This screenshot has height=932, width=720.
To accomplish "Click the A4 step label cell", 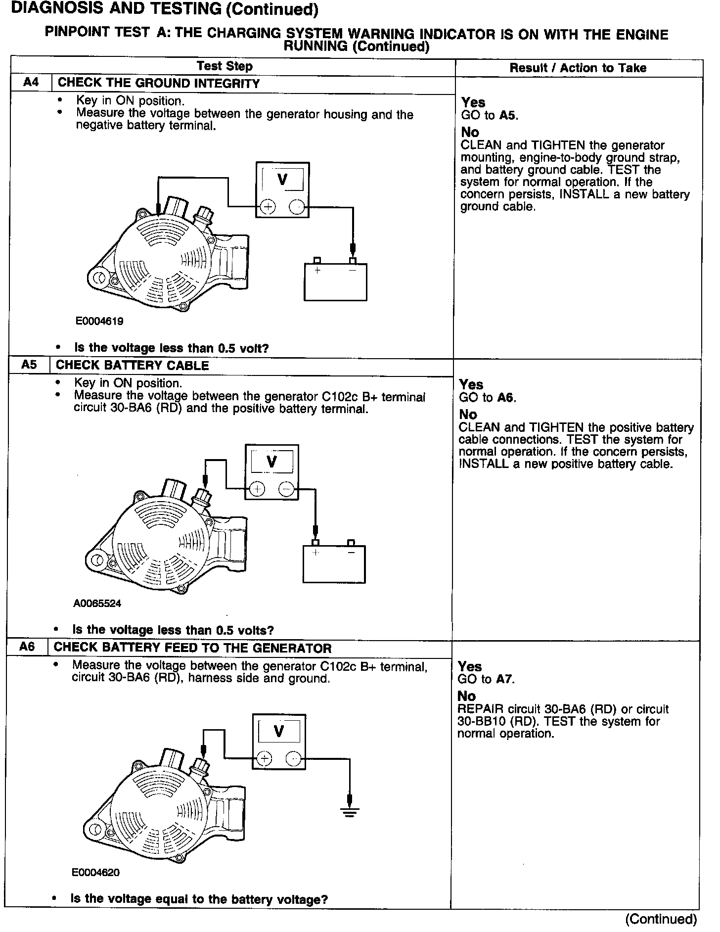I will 31,83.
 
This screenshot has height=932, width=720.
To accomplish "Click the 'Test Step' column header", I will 225,66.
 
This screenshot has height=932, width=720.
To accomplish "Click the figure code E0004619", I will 99,321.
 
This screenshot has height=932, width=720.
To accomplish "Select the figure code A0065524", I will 97,604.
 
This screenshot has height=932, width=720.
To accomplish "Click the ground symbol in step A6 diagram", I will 350,812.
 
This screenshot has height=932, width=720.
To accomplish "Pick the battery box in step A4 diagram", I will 335,282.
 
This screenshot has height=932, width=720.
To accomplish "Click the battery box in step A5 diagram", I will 334,564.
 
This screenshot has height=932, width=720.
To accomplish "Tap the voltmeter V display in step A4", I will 282,179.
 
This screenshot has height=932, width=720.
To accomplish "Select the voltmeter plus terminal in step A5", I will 257,489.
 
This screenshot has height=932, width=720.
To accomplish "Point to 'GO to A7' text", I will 486,679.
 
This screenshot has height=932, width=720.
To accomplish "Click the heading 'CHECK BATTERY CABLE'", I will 132,366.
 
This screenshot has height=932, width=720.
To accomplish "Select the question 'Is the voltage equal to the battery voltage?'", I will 199,898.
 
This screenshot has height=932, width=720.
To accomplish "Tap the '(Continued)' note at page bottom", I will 661,919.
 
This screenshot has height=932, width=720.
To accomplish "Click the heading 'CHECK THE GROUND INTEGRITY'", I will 159,83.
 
